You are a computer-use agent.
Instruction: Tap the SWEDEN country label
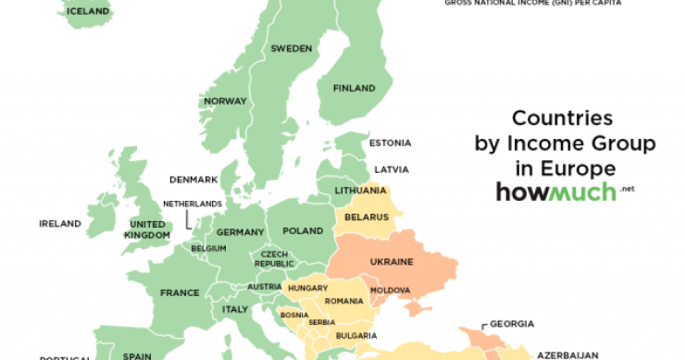tap(291, 47)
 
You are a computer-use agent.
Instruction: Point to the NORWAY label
tap(225, 101)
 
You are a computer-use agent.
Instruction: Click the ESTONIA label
tap(390, 143)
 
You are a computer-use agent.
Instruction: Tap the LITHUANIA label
tap(360, 191)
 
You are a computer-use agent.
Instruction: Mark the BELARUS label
tap(365, 217)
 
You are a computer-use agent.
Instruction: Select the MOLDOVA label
tap(390, 291)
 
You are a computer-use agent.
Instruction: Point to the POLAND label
tap(303, 230)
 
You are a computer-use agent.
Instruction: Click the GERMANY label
tap(242, 231)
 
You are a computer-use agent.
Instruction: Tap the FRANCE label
tap(180, 292)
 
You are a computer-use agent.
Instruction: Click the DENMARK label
tap(193, 179)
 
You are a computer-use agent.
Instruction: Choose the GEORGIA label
tap(512, 324)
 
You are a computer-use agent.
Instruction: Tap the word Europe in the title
tap(578, 168)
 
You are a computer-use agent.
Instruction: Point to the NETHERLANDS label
tap(193, 203)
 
